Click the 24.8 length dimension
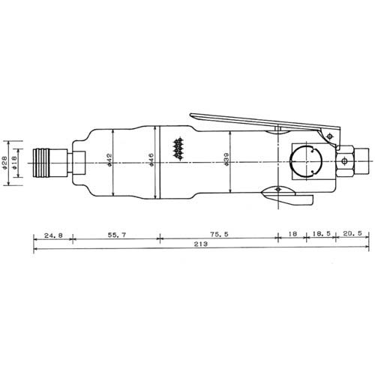pyautogui.click(x=53, y=235)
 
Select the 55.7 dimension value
pyautogui.click(x=117, y=235)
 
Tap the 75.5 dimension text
pyautogui.click(x=219, y=235)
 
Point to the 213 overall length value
pyautogui.click(x=201, y=244)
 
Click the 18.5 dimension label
pyautogui.click(x=321, y=234)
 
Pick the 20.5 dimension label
pyautogui.click(x=352, y=233)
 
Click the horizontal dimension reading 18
pyautogui.click(x=292, y=234)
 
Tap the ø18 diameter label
pyautogui.click(x=14, y=163)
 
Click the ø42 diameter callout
pyautogui.click(x=109, y=160)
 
